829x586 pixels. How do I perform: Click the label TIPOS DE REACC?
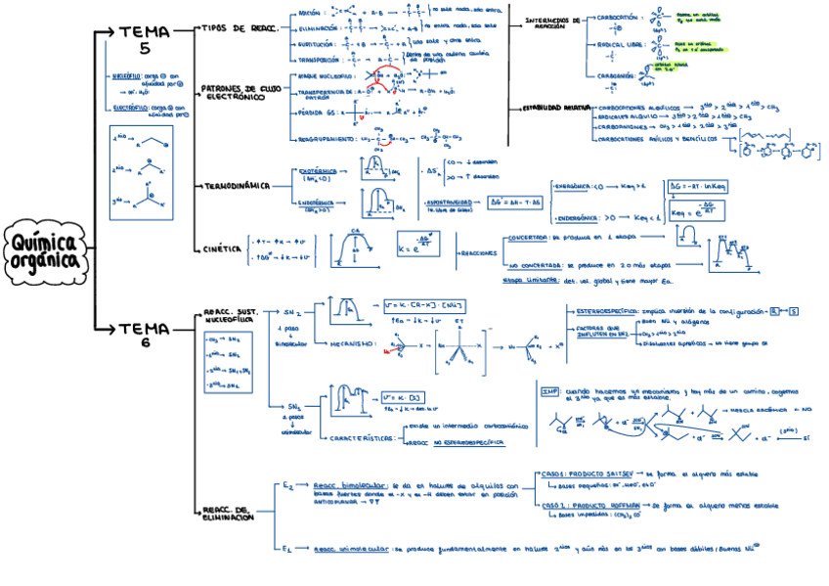pos(239,28)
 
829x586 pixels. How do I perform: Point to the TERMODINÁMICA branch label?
pos(235,186)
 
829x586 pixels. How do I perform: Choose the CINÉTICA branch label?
pos(222,248)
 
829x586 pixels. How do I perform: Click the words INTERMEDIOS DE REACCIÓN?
pos(552,23)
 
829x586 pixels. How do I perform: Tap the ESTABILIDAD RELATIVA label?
pos(553,107)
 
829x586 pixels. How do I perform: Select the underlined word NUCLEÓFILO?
pos(127,75)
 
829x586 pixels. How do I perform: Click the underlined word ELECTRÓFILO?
pos(129,107)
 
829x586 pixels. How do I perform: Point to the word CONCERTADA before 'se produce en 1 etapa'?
pos(529,238)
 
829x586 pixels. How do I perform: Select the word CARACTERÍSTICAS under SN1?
pos(361,438)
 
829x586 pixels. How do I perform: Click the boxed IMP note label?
pos(550,390)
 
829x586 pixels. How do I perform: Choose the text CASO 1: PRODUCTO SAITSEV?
pos(587,473)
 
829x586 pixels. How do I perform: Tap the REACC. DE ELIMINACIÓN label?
pos(228,513)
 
